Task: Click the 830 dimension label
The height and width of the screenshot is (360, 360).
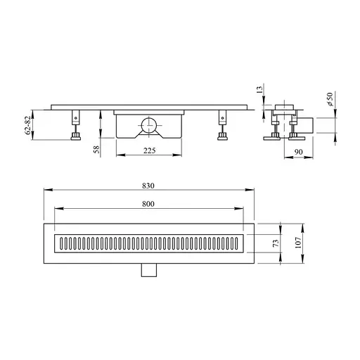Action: [148, 186]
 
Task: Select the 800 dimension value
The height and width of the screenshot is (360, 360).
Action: [148, 204]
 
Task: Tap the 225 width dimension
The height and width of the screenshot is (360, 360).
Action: [149, 150]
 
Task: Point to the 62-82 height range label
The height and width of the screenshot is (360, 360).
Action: [27, 125]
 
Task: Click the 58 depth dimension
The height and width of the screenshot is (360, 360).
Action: [96, 149]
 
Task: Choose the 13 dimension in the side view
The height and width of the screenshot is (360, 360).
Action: [259, 89]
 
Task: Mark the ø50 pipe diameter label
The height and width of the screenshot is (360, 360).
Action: [330, 99]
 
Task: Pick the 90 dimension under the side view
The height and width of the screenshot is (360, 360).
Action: [298, 152]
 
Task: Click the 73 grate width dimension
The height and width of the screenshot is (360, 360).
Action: [276, 243]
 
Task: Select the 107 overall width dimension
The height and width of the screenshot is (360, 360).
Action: [298, 243]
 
